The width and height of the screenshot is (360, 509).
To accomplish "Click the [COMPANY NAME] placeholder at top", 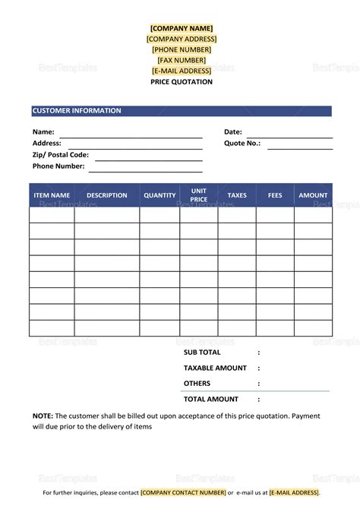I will coord(182,28).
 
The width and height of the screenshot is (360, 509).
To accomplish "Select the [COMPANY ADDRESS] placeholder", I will coord(182,39).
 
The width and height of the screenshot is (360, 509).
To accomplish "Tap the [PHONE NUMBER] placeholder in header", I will coord(182,49).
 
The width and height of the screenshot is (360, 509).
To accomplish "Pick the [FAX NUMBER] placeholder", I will coord(182,60).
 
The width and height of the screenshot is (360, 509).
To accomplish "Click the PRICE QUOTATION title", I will coord(182,82).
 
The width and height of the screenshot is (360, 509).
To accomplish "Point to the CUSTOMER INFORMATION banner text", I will coord(77,111).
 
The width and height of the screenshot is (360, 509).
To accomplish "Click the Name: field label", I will coord(43,132).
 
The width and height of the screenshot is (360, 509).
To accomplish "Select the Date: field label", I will coord(233,132).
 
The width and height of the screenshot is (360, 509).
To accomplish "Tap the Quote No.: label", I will coord(242,143).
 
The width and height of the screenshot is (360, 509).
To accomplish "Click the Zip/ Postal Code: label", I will coord(61,154).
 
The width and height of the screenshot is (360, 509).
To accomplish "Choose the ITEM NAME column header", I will coord(52,195).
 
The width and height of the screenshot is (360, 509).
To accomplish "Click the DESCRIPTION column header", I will coord(107,195).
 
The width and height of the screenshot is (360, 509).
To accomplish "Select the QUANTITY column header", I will coord(159,195).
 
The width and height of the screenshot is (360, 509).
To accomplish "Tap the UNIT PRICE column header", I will coord(199,195).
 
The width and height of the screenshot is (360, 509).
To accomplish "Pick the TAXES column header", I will coord(237,195).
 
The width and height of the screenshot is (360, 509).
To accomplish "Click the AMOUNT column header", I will coord(313,195).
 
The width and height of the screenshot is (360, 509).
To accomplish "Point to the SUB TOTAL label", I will coord(202,353).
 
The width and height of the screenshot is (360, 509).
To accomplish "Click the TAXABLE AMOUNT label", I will coord(215,368).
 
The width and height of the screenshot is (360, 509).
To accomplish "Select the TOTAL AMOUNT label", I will coord(211,399).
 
